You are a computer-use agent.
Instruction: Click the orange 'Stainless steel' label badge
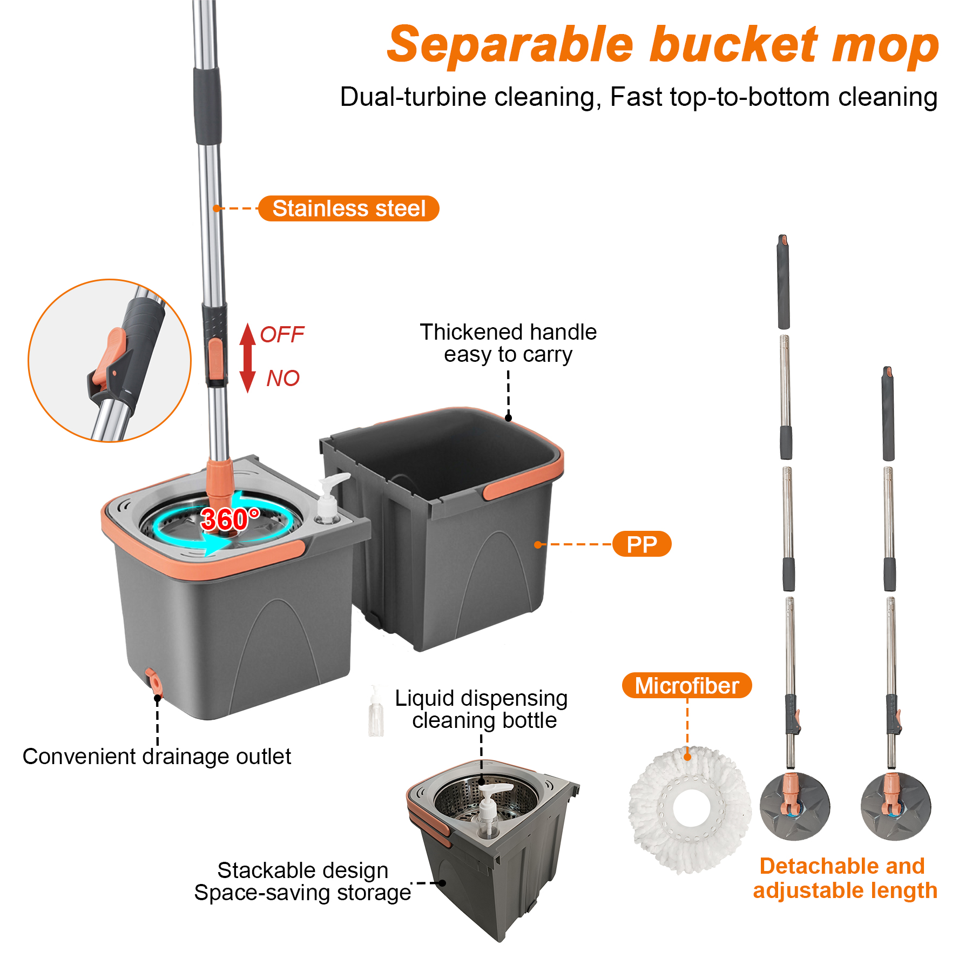349,208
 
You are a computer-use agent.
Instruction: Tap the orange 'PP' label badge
642,544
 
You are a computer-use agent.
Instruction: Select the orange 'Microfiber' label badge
687,686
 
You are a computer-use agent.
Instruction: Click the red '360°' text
230,519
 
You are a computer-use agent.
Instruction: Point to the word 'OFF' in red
282,335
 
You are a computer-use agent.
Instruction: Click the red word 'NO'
283,379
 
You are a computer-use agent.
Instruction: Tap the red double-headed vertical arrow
247,358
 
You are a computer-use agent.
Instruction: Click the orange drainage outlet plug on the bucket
154,681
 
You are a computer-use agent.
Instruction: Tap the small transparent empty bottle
376,712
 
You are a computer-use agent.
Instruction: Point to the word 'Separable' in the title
510,45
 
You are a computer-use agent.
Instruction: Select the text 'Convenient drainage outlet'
157,757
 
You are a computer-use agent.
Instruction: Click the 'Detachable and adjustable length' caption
845,879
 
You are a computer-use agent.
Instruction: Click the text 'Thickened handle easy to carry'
508,343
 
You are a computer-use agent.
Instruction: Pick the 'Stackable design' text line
303,870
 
